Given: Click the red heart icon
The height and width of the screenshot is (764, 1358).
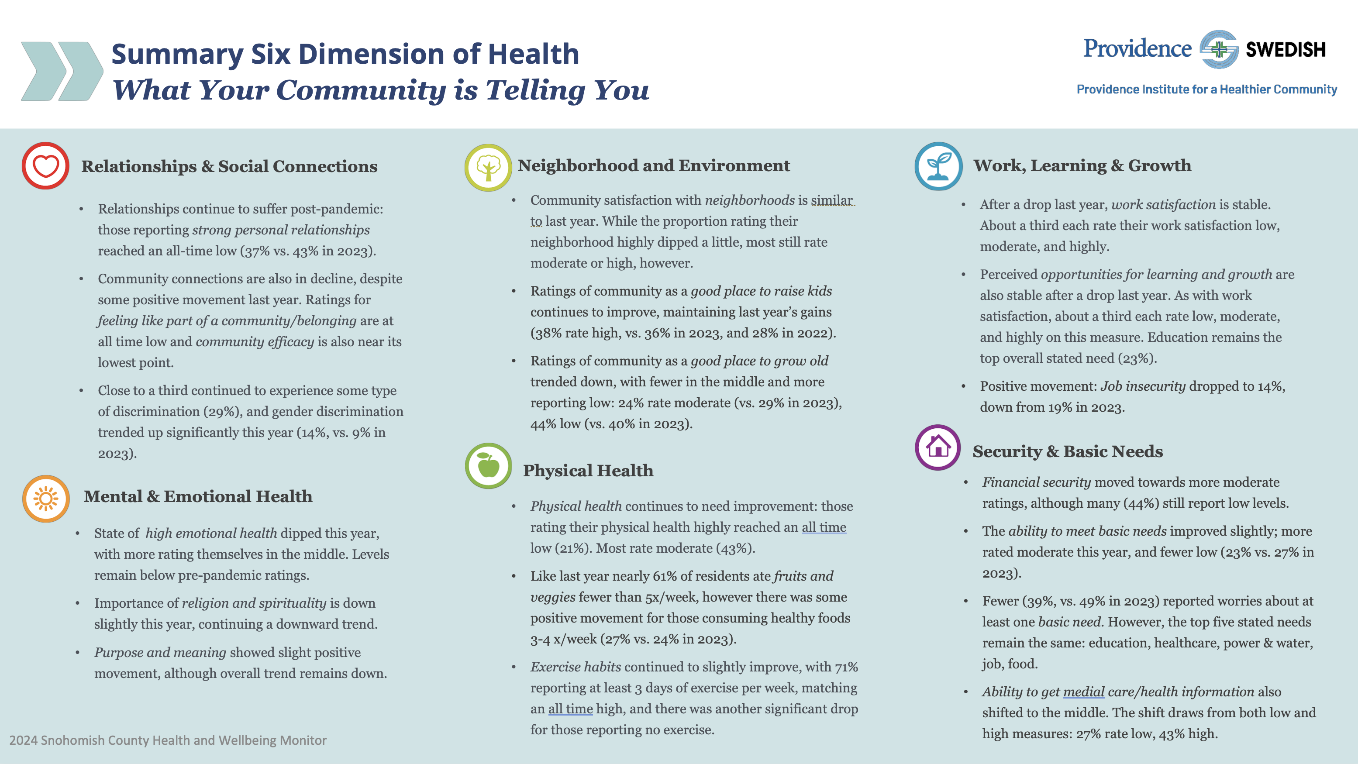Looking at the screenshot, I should pos(45,166).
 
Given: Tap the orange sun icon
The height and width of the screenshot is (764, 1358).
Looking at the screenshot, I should pos(46,499).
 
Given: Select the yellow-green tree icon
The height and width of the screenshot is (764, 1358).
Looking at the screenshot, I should pos(488,168).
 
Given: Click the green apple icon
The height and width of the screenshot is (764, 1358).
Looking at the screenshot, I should pos(488,466).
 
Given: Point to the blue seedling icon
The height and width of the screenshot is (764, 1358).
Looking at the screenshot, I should pos(938,166).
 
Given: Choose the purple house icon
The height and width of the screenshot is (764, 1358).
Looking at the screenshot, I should pos(938,447).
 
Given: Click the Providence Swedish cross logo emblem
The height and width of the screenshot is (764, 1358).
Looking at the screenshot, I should pos(1219,49).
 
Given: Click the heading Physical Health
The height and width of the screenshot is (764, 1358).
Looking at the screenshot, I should pos(588,471).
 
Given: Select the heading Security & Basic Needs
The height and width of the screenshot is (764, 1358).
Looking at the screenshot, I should pos(1068,451).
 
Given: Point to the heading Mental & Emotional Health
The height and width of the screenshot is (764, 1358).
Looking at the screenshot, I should pos(198,496).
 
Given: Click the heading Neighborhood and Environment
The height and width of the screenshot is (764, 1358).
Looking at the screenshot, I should pos(654,165).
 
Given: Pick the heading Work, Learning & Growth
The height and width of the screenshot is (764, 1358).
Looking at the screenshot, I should pos(1082,165).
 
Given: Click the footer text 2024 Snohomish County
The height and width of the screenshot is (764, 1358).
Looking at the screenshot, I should pos(168,740).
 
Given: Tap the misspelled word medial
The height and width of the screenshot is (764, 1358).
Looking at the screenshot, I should pos(1083,692).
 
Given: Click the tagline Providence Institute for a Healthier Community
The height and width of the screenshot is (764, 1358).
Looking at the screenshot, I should pos(1206,89).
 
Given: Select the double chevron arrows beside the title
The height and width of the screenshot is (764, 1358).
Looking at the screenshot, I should pos(62,71).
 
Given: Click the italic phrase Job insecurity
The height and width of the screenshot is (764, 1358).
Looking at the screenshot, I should pos(1142,386).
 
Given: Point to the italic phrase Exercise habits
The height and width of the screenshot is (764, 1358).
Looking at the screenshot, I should pos(576,667).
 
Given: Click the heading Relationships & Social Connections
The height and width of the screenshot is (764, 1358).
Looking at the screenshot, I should pos(229,166).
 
